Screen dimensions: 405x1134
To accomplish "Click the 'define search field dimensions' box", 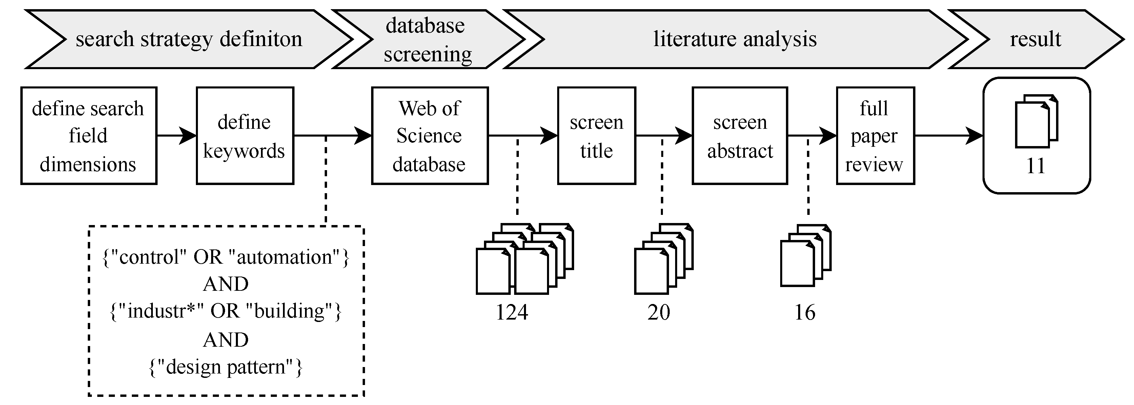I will [x=88, y=136].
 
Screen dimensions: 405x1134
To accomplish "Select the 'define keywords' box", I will [x=245, y=136].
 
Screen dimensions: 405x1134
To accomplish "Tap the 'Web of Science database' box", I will [x=430, y=136].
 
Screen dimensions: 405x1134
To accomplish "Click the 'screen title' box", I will [x=596, y=136].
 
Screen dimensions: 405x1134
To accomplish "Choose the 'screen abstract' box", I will [x=740, y=136].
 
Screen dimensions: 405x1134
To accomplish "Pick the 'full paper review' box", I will [x=875, y=136].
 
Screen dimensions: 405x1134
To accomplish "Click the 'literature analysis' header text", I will [x=735, y=39].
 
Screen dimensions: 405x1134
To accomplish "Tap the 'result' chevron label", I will [x=1035, y=39].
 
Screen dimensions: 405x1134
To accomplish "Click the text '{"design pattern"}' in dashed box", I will [x=226, y=367].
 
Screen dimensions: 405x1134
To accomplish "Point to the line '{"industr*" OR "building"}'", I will [x=226, y=311].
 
